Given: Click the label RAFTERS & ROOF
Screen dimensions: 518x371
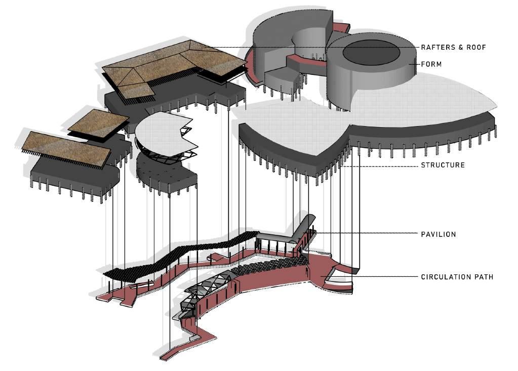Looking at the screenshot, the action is click(x=453, y=47).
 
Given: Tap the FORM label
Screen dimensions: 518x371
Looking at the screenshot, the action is click(x=431, y=64).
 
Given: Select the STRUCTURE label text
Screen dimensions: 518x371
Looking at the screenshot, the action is click(x=443, y=165).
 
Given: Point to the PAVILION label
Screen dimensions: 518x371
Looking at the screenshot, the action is click(x=439, y=234).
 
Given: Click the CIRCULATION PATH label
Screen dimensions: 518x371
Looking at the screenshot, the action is click(x=457, y=277).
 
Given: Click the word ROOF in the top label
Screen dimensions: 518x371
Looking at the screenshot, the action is click(x=476, y=47).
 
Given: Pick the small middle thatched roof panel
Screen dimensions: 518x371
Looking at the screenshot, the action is click(x=98, y=122).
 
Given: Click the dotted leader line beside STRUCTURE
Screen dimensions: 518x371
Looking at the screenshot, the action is click(x=380, y=165).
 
